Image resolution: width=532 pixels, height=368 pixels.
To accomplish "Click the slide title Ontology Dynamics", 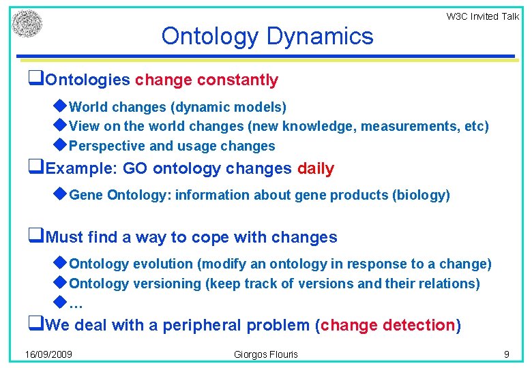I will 267,35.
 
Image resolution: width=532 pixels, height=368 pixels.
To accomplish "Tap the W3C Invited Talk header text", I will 482,16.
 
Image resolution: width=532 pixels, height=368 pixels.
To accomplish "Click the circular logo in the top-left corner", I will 27,24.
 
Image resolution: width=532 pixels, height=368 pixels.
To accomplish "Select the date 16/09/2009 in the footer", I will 49,354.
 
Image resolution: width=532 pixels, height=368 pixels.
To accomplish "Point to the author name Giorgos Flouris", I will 266,354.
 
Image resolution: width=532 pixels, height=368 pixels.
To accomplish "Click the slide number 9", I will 506,354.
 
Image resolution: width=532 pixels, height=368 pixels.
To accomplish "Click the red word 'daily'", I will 316,169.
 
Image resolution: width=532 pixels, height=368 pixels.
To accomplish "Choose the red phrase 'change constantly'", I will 207,80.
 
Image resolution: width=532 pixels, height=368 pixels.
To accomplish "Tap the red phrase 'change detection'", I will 387,326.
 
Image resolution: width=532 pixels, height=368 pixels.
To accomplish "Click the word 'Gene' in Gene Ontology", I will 85,196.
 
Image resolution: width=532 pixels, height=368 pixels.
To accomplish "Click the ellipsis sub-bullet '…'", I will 76,304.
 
